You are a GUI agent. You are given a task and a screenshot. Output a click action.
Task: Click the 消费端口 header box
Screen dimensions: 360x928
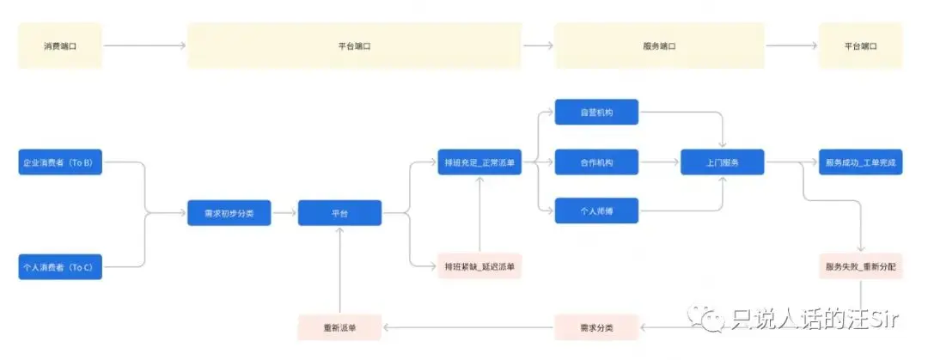point(60,46)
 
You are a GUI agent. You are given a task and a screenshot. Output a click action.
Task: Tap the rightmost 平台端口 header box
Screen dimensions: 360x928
point(860,46)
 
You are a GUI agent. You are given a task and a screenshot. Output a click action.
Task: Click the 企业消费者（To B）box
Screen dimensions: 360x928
point(60,162)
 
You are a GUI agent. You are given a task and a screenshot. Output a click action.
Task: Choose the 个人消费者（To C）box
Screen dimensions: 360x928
point(60,267)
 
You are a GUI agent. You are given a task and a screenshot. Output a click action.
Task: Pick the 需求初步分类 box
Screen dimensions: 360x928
point(229,213)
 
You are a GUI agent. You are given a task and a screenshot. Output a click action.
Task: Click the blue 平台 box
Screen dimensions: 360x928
point(339,213)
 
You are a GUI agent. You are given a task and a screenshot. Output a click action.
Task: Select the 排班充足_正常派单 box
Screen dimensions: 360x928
point(479,162)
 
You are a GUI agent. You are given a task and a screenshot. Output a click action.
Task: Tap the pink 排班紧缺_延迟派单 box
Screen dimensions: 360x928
point(479,267)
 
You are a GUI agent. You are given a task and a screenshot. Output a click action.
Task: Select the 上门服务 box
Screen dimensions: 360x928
point(723,162)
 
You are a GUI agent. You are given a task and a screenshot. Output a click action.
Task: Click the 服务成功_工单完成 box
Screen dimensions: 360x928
point(860,162)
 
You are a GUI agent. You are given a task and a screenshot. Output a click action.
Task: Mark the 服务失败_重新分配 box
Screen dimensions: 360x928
point(860,267)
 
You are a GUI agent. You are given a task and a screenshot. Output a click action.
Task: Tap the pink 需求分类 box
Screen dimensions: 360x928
point(596,327)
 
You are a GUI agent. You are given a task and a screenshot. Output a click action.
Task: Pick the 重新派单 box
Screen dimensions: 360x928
point(339,327)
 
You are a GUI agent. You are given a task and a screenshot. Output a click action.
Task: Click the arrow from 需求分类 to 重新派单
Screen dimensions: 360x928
point(468,327)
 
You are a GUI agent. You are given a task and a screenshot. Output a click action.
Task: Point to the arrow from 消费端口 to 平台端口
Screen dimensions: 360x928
point(144,46)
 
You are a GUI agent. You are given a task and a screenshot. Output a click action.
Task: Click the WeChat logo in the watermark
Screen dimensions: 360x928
point(712,320)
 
